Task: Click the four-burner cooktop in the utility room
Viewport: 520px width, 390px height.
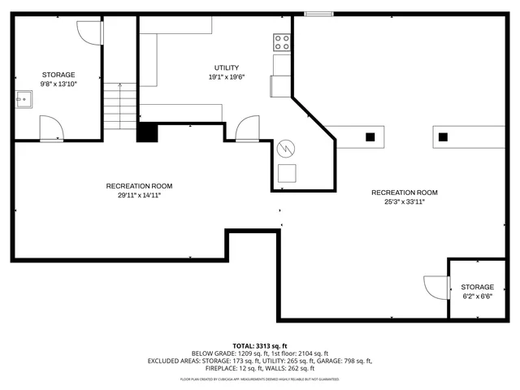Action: click(x=283, y=41)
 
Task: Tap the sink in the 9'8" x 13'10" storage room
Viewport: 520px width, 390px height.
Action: click(x=24, y=101)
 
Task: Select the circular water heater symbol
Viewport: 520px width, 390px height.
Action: click(x=286, y=149)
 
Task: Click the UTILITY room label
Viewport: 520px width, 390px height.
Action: click(x=227, y=67)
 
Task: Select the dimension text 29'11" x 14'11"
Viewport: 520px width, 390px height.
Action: click(x=139, y=195)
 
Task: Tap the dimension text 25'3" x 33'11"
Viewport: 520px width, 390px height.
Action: click(x=404, y=201)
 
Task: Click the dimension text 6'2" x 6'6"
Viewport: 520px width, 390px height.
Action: click(x=477, y=297)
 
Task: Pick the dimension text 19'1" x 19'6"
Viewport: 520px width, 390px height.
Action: click(x=227, y=77)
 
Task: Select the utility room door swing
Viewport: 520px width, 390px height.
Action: click(x=247, y=128)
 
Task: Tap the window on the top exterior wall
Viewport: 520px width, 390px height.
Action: click(x=318, y=13)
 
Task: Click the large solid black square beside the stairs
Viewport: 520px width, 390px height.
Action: click(x=146, y=132)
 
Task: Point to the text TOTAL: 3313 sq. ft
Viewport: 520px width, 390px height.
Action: click(x=259, y=345)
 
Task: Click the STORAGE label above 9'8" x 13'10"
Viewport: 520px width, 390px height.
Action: click(x=58, y=74)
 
